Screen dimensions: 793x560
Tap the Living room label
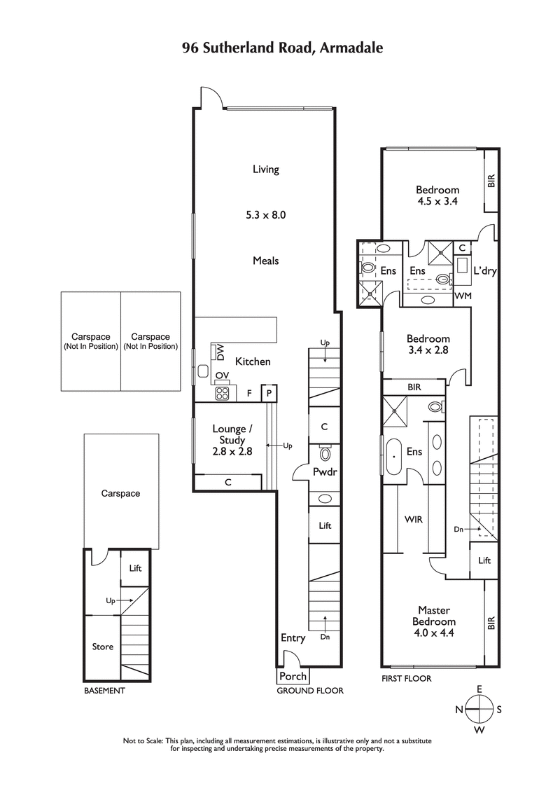click(x=266, y=169)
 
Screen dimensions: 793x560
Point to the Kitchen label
click(x=252, y=361)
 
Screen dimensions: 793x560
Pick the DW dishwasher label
click(x=220, y=351)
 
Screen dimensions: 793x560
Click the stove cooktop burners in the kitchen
click(x=222, y=393)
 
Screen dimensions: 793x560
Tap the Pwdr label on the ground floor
click(x=325, y=472)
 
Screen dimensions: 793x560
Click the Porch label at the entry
click(x=292, y=676)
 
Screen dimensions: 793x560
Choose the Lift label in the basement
click(x=136, y=567)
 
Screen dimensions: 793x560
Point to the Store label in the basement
click(x=103, y=647)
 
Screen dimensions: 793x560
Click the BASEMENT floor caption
click(x=104, y=691)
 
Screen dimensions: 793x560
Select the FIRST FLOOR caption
click(x=407, y=678)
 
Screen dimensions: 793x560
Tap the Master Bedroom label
click(x=437, y=616)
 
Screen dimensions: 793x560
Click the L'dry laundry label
click(x=484, y=271)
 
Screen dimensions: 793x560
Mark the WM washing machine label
click(x=463, y=297)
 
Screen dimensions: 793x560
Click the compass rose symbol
click(x=479, y=709)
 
